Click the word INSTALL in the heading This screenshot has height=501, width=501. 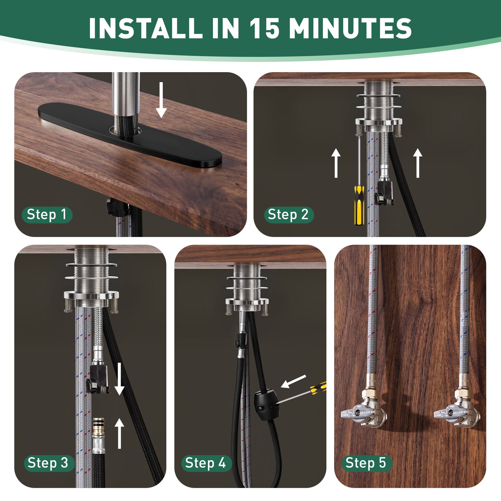click(x=146, y=28)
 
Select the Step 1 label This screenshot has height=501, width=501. click(x=47, y=215)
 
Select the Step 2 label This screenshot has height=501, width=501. click(x=288, y=215)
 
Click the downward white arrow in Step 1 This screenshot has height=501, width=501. click(x=161, y=100)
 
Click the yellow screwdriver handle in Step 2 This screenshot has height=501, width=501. click(x=359, y=205)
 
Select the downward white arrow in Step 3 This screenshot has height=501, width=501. click(x=119, y=379)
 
